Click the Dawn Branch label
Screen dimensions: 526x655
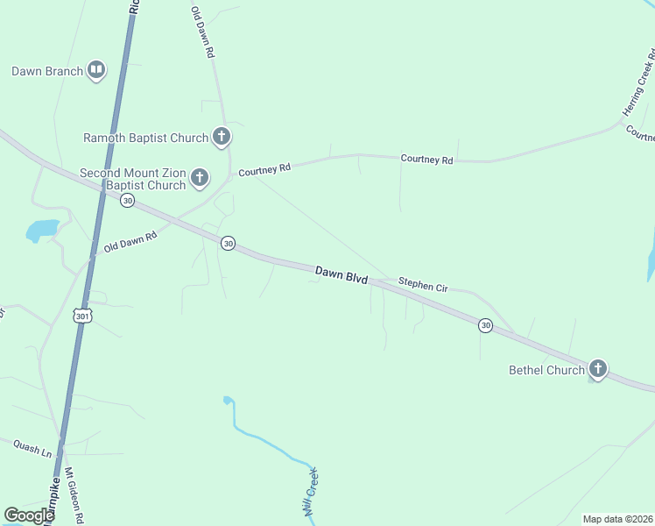click(x=47, y=71)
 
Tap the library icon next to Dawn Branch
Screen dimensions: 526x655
click(x=96, y=71)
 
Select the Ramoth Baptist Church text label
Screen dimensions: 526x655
click(x=145, y=138)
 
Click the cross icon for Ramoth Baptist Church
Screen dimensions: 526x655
click(x=222, y=137)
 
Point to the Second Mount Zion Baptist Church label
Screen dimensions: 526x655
click(x=132, y=179)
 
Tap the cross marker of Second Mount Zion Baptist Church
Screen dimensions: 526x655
click(x=200, y=178)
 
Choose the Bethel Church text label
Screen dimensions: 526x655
click(x=546, y=370)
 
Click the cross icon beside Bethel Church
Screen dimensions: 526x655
click(x=598, y=369)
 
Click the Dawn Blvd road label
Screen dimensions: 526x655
click(x=341, y=274)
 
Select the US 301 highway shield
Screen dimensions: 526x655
click(x=83, y=315)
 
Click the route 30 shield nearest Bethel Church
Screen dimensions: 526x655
click(x=485, y=325)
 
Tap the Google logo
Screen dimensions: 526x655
click(x=29, y=515)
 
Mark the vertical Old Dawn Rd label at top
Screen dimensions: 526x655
click(x=201, y=32)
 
